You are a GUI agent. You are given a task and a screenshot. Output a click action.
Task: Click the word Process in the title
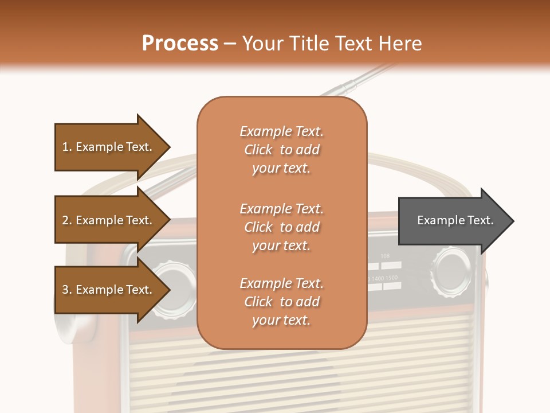tap(180, 43)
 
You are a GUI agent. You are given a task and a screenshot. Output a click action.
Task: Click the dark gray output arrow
tap(453, 220)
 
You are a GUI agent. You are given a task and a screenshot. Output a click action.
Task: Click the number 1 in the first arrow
tap(65, 147)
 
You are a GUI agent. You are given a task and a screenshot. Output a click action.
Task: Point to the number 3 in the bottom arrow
tap(65, 290)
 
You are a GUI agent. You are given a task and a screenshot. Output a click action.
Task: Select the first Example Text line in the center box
tap(281, 131)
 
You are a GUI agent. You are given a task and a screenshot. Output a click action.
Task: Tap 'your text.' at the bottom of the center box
tap(281, 321)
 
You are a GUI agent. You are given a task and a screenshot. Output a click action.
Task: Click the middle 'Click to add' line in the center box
tap(281, 227)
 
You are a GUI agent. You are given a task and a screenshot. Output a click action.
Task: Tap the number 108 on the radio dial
tap(385, 256)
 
